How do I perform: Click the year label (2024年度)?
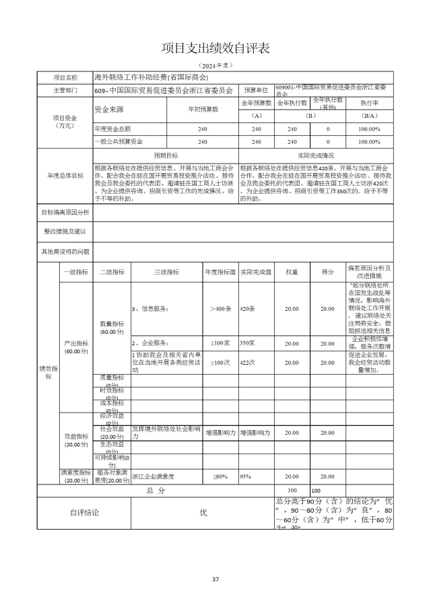215,65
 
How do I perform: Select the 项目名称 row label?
65,78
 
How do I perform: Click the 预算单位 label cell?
256,89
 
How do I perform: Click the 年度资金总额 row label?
112,129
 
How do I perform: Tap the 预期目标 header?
166,155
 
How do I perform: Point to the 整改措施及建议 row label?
65,231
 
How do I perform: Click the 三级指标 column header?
166,272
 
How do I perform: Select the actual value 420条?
248,308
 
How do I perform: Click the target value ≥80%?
220,476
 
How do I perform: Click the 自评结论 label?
85,513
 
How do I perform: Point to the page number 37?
215,579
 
